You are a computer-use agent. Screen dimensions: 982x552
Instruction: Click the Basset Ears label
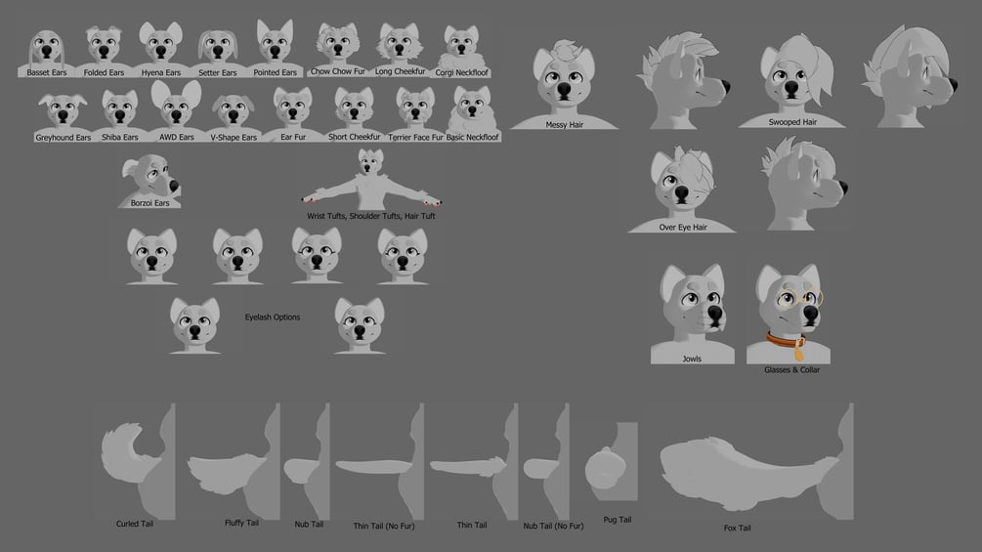[46, 72]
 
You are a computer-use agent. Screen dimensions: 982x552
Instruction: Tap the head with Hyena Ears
[161, 43]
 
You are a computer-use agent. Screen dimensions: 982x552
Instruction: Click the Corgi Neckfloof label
[461, 72]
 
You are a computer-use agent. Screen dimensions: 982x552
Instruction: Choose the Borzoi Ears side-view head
[151, 177]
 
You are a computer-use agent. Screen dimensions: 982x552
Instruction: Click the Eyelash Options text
[273, 318]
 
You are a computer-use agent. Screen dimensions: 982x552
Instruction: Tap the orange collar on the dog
[787, 342]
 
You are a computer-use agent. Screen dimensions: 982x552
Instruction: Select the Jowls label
[692, 359]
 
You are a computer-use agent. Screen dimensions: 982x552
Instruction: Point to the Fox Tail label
[737, 529]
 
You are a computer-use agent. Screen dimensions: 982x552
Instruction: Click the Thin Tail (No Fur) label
[384, 527]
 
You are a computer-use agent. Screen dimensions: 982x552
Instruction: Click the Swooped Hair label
[792, 122]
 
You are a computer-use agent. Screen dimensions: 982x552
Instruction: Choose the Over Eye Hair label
[683, 228]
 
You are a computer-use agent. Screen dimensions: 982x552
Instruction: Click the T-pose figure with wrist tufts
[370, 181]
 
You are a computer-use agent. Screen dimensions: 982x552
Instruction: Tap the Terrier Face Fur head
[415, 108]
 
